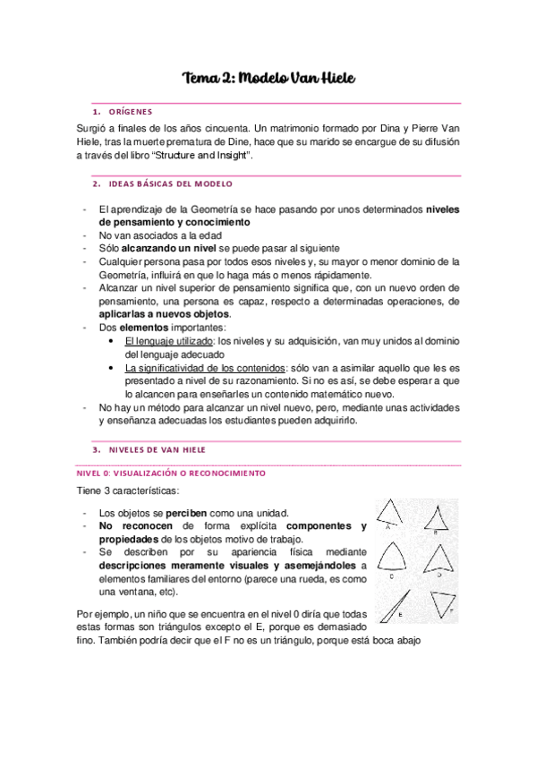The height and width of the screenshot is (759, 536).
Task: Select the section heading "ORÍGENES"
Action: click(130, 112)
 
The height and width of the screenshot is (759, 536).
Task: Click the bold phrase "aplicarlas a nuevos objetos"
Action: click(165, 314)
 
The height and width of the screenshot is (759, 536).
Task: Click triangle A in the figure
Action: click(389, 516)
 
